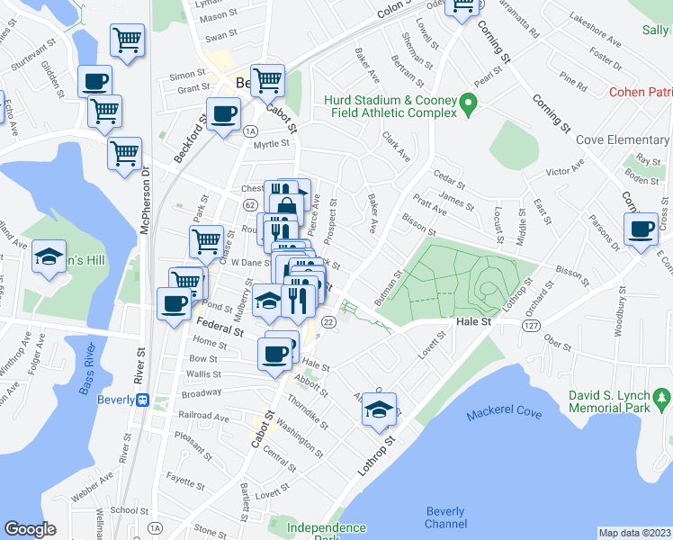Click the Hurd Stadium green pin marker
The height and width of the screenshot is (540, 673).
[x=468, y=106]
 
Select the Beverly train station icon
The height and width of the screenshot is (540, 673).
[x=141, y=401]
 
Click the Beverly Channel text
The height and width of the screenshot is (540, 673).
[x=445, y=517]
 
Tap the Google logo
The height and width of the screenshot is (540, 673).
[x=30, y=529]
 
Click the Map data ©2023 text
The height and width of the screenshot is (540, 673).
[x=635, y=533]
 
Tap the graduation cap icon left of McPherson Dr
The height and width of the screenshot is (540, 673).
[x=49, y=256]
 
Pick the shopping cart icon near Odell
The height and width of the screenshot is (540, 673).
[x=463, y=8]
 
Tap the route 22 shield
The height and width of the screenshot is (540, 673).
[x=329, y=322]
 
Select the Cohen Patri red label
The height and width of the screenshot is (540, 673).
[x=640, y=92]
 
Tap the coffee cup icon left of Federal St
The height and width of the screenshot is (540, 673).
[x=173, y=303]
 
